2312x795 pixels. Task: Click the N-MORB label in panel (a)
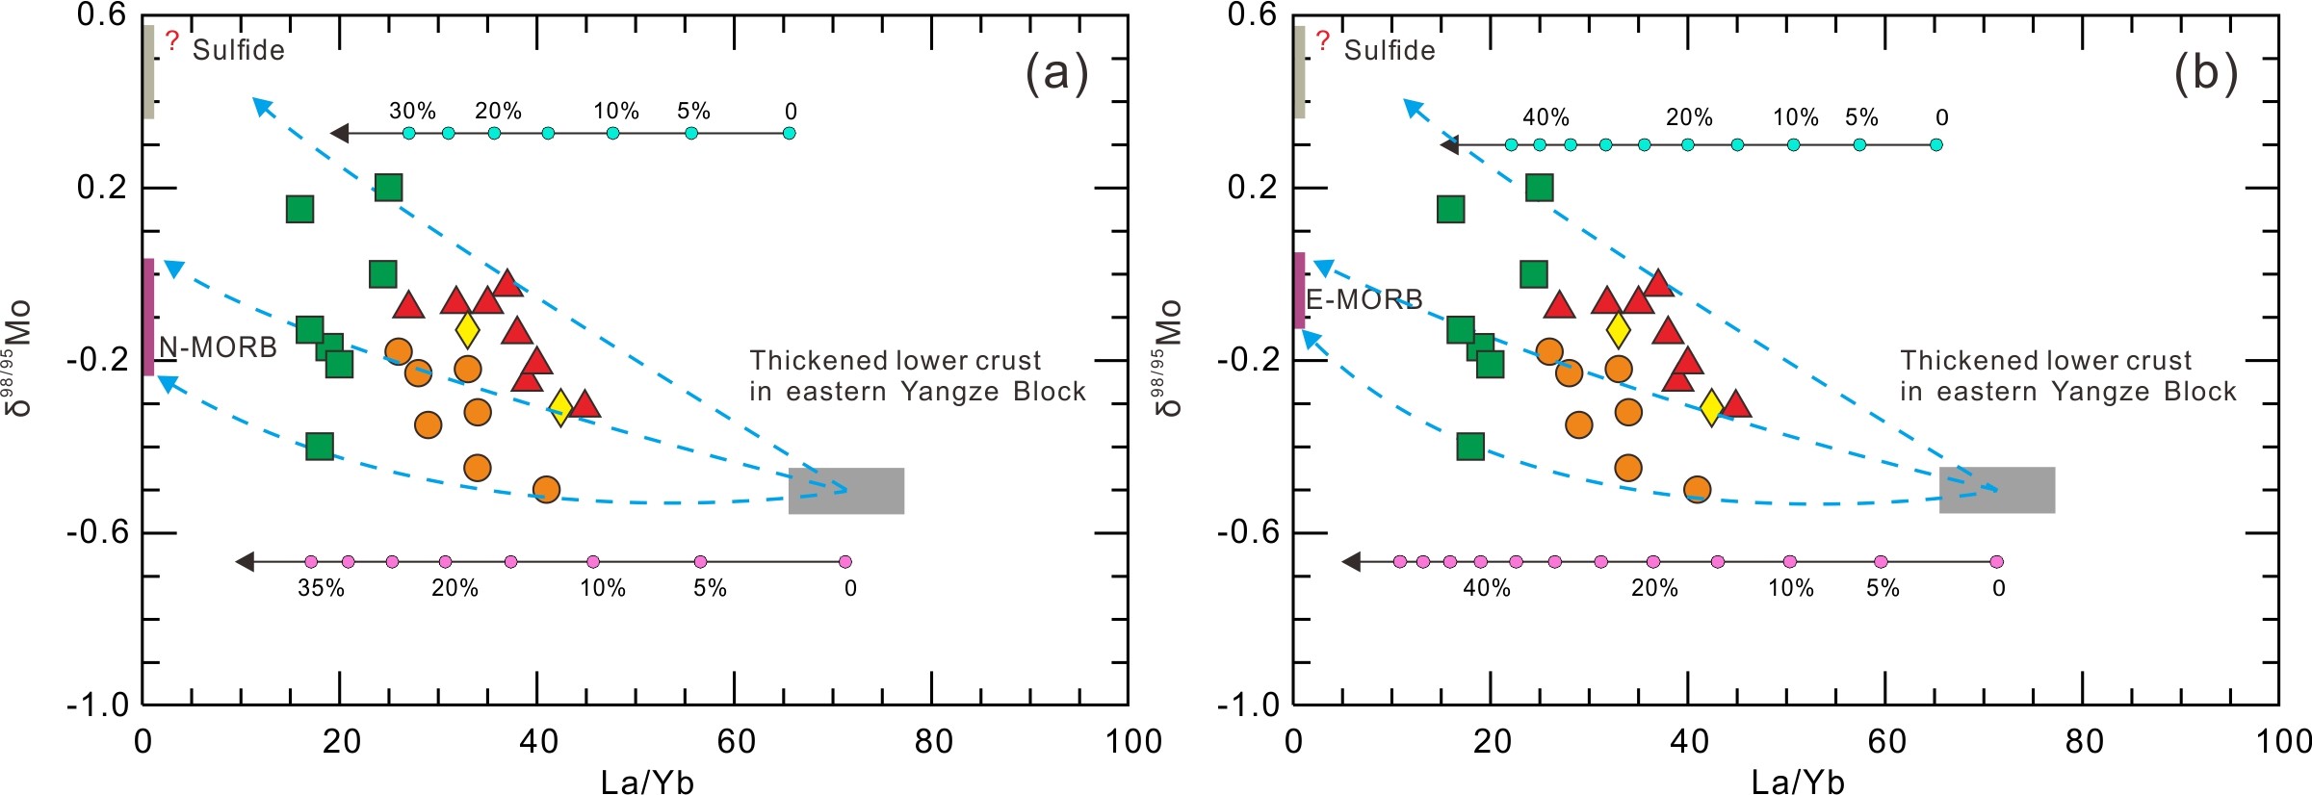tap(218, 347)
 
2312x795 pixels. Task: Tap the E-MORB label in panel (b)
tap(1364, 300)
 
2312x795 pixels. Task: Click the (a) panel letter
tap(1056, 73)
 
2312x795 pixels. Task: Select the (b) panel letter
tap(2206, 73)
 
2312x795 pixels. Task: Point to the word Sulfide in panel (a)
tap(239, 50)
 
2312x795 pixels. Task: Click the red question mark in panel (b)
tap(1323, 40)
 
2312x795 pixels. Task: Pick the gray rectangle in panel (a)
tap(846, 491)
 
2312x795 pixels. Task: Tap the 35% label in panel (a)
tap(321, 588)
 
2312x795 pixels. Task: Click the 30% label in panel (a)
tap(412, 112)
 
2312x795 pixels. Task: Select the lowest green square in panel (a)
tap(320, 447)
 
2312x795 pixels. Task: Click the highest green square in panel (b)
tap(1540, 187)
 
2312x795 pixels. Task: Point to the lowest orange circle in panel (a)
tap(546, 490)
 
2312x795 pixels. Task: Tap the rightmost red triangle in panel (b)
tap(1735, 404)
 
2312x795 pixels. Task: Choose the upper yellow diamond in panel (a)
tap(467, 330)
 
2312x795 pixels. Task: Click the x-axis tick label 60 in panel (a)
tap(736, 742)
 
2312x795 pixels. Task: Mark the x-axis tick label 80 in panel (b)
tap(2084, 742)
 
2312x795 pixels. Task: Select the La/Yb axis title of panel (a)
tap(647, 782)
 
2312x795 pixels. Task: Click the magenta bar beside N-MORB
tap(148, 317)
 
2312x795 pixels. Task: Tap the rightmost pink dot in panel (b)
tap(1996, 562)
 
